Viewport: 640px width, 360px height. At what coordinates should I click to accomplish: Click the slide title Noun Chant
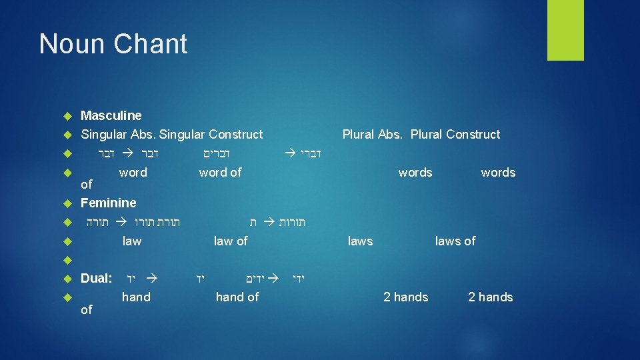(x=113, y=44)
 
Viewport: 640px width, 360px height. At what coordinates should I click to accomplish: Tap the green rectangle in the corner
(x=565, y=30)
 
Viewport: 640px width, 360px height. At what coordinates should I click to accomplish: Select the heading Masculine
(x=111, y=115)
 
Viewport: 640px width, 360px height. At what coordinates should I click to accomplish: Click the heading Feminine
(x=108, y=203)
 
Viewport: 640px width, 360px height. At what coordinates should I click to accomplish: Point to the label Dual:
(x=97, y=278)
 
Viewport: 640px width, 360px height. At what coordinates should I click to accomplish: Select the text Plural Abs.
(x=373, y=134)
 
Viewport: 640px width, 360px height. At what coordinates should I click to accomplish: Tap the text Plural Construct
(x=455, y=134)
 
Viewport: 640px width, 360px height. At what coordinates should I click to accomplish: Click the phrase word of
(x=220, y=172)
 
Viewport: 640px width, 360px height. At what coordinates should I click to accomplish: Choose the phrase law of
(x=231, y=241)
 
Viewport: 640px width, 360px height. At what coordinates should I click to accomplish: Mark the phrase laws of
(x=455, y=241)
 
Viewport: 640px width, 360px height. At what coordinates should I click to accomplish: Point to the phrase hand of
(x=237, y=297)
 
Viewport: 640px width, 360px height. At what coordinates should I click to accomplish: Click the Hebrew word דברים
(x=217, y=153)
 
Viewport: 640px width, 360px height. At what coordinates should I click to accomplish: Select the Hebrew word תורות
(x=292, y=221)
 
